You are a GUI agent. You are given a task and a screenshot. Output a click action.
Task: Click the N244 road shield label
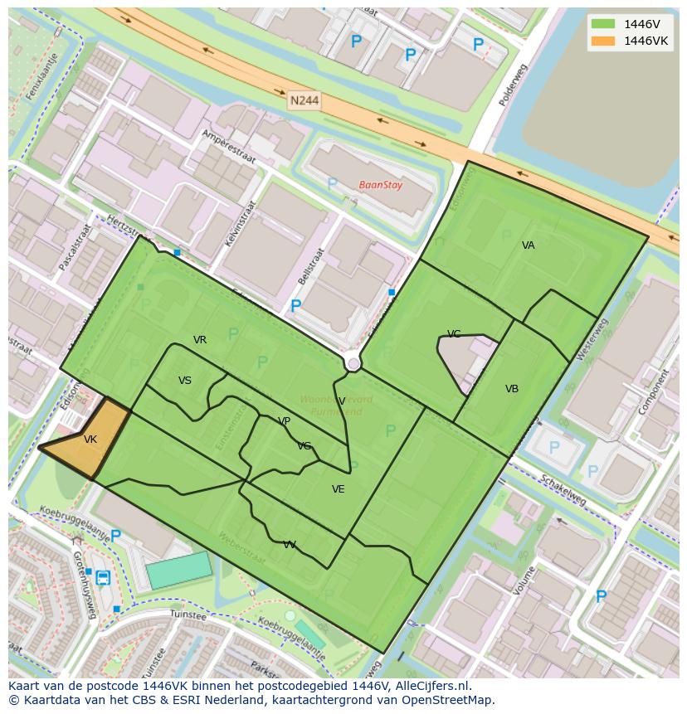coord(305,100)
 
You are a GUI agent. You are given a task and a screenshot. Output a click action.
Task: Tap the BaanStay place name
coord(381,185)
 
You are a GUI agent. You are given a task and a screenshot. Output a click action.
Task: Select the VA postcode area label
coord(529,245)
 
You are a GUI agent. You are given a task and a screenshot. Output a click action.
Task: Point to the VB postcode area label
coord(512,389)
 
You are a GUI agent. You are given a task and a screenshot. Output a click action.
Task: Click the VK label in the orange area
coord(90,440)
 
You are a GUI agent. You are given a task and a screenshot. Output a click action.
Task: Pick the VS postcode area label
coord(185,381)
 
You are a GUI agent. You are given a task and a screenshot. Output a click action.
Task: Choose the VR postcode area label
coord(200,340)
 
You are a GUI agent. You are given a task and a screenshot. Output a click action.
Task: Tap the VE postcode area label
coord(339,489)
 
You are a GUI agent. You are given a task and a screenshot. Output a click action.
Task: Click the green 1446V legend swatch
coord(603,23)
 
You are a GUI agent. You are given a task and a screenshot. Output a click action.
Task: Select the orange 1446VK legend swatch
coord(603,41)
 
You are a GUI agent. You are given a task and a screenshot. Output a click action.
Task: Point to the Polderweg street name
coord(513,85)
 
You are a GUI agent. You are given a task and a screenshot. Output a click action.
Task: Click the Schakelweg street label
coord(563,490)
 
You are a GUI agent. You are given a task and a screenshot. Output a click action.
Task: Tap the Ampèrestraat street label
coord(229,147)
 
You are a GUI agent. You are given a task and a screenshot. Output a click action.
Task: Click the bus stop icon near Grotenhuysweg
coord(103,577)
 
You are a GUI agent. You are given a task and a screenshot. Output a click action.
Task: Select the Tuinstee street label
coord(187,614)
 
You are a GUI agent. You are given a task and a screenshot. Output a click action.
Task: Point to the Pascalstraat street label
coord(73,247)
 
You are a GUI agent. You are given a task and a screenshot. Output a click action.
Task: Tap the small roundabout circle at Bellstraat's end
coord(353,363)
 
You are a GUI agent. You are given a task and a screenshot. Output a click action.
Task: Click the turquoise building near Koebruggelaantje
coord(178,570)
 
